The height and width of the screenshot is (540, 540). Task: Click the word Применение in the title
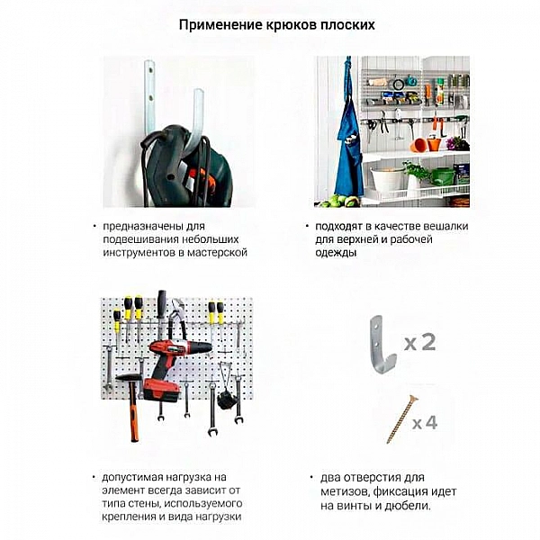point(214,24)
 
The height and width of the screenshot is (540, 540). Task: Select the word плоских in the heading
point(346,24)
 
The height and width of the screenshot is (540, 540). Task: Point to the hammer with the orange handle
point(131,405)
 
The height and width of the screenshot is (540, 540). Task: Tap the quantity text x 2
point(419,342)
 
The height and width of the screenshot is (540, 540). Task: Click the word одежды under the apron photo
point(336,253)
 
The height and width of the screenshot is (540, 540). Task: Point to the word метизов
point(345,491)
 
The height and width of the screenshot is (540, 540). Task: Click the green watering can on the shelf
point(441,175)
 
